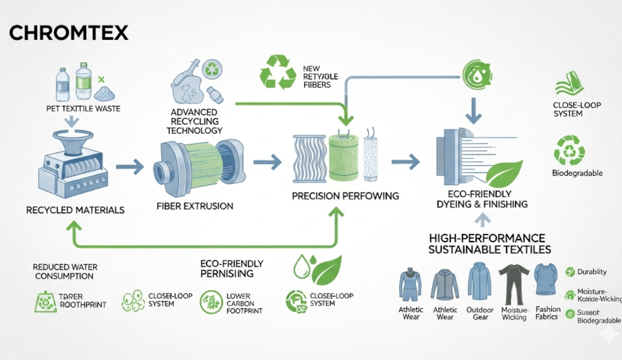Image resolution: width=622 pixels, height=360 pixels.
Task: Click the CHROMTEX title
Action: click(69, 33)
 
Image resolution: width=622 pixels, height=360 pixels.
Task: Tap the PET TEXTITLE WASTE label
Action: click(83, 108)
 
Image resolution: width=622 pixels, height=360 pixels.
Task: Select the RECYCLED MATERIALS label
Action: click(75, 210)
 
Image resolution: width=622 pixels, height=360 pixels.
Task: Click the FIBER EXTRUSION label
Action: click(195, 206)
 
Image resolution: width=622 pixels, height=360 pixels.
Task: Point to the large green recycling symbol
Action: click(277, 72)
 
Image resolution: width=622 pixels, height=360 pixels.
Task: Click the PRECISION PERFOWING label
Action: click(346, 196)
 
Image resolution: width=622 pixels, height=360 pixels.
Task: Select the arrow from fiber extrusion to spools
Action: click(267, 162)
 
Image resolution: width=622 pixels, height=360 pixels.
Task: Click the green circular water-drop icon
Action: click(477, 74)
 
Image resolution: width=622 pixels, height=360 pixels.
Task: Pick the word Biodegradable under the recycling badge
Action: click(577, 173)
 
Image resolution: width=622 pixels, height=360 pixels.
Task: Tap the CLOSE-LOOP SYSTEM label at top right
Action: click(576, 109)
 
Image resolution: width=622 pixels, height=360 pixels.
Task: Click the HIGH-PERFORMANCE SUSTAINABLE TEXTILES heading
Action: click(490, 244)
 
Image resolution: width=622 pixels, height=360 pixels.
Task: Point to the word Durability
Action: click(592, 272)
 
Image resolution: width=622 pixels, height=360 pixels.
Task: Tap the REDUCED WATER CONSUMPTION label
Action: click(65, 272)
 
